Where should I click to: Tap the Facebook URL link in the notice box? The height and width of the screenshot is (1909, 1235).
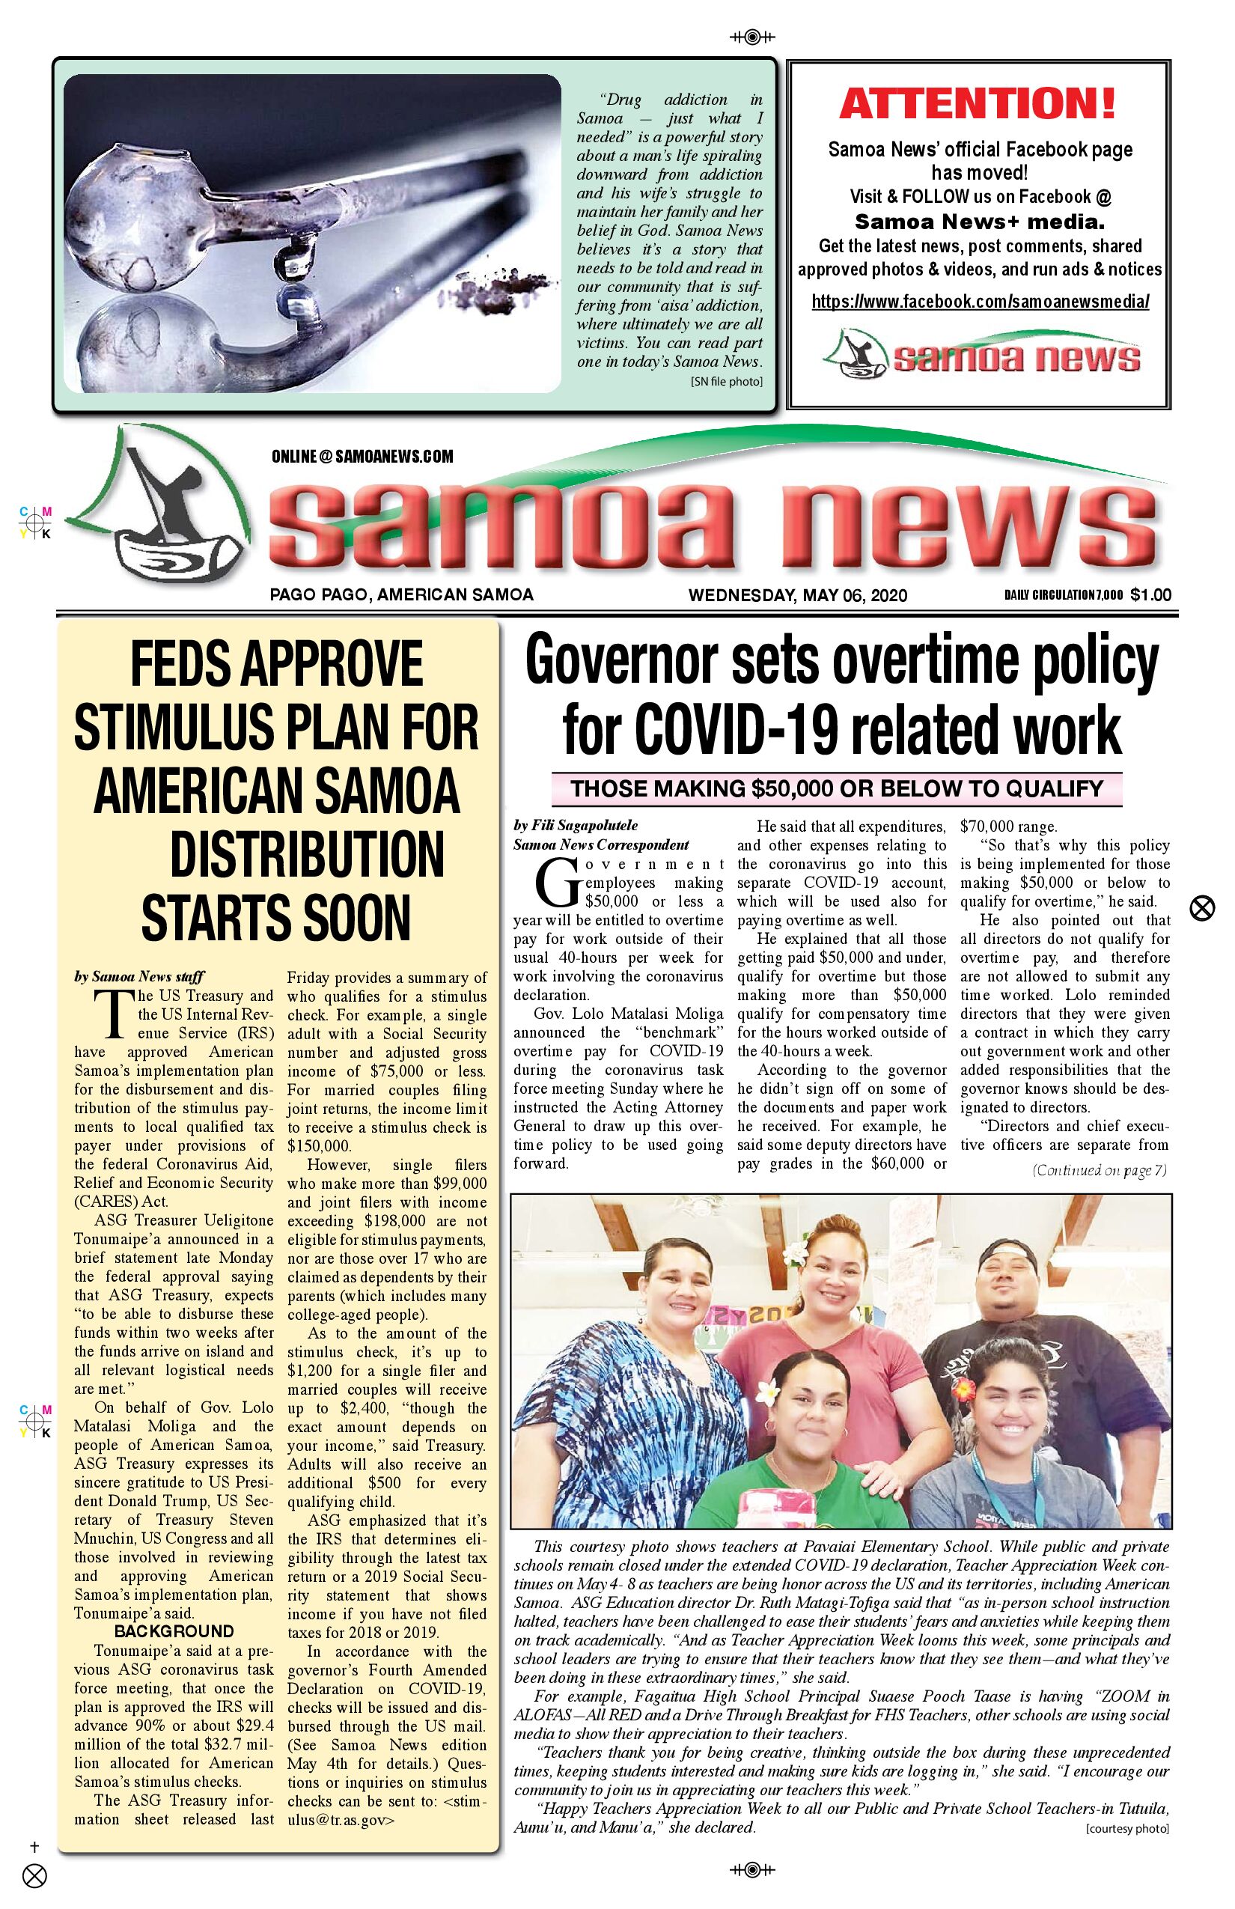tap(980, 302)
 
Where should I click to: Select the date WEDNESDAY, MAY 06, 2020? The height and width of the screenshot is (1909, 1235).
tap(797, 595)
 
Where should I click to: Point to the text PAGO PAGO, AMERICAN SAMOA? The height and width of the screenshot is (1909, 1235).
tap(401, 595)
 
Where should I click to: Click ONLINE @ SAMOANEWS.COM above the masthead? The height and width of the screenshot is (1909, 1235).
tap(362, 457)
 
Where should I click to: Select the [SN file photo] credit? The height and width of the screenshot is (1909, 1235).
tap(726, 382)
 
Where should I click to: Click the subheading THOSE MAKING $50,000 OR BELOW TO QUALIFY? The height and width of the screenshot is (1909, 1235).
tap(837, 788)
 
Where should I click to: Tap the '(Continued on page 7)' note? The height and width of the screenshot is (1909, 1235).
tap(1099, 1170)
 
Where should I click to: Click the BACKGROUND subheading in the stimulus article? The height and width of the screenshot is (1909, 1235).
tap(173, 1631)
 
